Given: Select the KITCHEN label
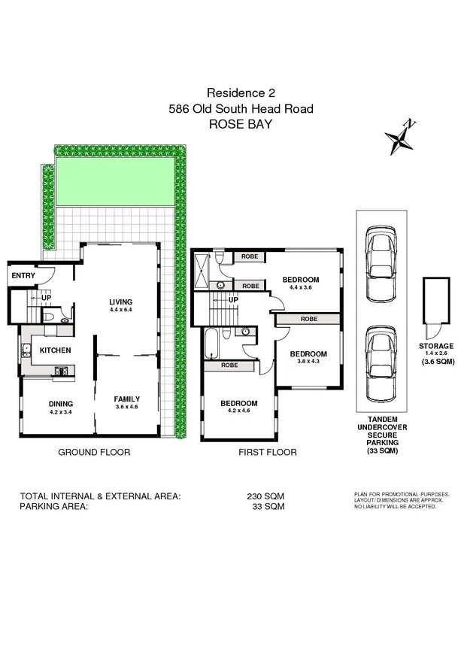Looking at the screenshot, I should pyautogui.click(x=55, y=350).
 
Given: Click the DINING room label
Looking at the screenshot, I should pyautogui.click(x=61, y=403).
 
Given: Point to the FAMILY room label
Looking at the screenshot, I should pyautogui.click(x=127, y=399).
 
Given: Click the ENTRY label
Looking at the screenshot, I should pyautogui.click(x=23, y=276).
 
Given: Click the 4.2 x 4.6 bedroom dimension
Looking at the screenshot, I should pyautogui.click(x=239, y=411).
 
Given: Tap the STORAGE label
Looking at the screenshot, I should pyautogui.click(x=435, y=345).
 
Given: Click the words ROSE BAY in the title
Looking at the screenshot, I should pyautogui.click(x=241, y=125).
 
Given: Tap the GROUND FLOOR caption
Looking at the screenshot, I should pyautogui.click(x=94, y=453).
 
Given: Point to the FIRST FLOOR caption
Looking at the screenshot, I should pyautogui.click(x=267, y=453).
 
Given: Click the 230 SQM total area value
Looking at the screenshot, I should pyautogui.click(x=265, y=496).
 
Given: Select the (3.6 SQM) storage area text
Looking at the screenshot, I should pyautogui.click(x=435, y=362).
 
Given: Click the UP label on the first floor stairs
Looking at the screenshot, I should pyautogui.click(x=233, y=300).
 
